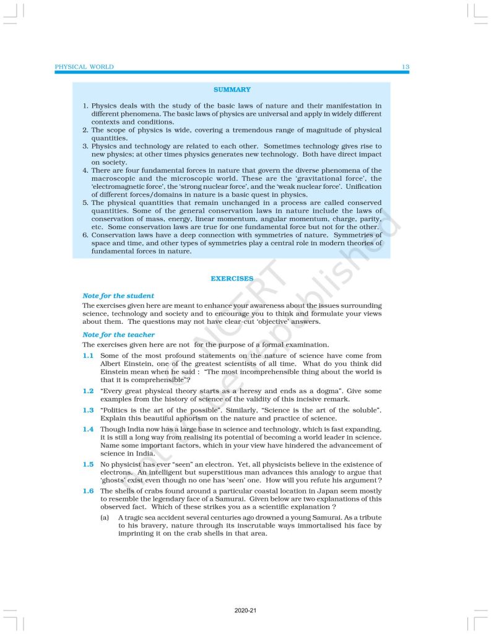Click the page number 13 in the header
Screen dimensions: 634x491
click(404, 67)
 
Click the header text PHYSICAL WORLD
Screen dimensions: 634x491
click(84, 67)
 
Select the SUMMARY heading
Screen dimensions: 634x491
click(232, 90)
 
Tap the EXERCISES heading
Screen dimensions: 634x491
click(232, 279)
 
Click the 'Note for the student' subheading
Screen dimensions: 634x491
click(118, 296)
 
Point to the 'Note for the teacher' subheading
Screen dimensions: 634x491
click(118, 335)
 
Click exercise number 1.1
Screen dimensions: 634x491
click(88, 355)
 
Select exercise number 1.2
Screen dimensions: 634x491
click(88, 391)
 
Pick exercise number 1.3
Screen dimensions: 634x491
click(88, 410)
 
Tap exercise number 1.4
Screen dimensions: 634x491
click(88, 429)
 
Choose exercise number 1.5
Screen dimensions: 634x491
click(88, 464)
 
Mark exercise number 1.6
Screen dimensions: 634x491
click(88, 490)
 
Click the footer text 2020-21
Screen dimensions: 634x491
click(245, 610)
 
